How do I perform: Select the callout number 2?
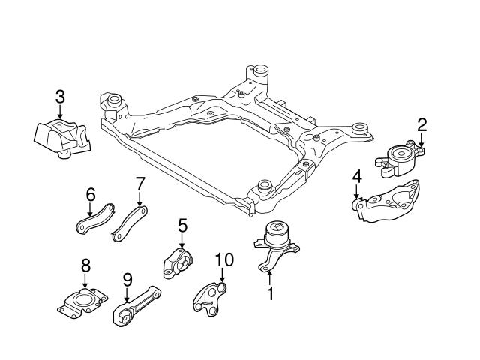click(422, 124)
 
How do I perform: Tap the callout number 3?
click(60, 96)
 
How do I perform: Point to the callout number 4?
click(357, 178)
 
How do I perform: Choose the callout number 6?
click(90, 194)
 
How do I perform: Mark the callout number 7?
click(139, 184)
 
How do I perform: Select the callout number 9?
click(127, 279)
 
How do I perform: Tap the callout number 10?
click(224, 260)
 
